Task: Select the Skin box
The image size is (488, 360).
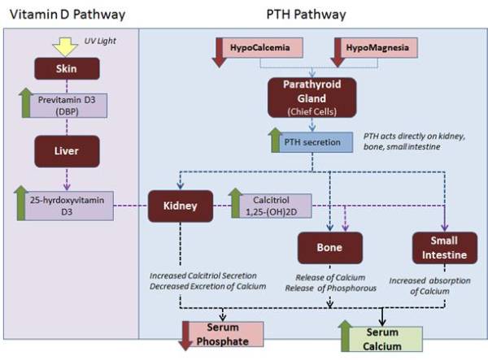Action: (x=67, y=71)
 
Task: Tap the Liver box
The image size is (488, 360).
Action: (x=67, y=151)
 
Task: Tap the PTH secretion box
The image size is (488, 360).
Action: (x=313, y=143)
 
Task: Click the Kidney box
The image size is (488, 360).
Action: (x=179, y=206)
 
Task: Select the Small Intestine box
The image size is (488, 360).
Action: (x=443, y=247)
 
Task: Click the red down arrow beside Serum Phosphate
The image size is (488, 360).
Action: (x=189, y=334)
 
